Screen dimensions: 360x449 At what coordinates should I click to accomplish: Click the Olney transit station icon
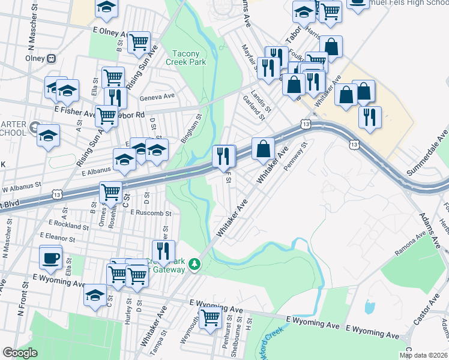(52, 59)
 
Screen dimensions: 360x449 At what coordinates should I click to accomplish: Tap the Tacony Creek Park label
(190, 58)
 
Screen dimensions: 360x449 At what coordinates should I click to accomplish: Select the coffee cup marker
(50, 257)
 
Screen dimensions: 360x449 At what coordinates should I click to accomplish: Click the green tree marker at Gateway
(194, 264)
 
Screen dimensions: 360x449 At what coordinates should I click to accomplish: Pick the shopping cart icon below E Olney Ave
(139, 42)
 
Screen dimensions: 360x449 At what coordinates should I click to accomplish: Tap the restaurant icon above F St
(223, 157)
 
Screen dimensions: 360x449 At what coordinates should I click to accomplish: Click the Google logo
(19, 353)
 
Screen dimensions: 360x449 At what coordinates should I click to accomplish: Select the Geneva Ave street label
(157, 96)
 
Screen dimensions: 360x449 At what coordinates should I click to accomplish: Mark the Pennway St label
(295, 156)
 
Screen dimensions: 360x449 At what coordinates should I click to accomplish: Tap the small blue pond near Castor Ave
(370, 307)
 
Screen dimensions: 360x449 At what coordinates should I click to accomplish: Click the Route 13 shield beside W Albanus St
(58, 194)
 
